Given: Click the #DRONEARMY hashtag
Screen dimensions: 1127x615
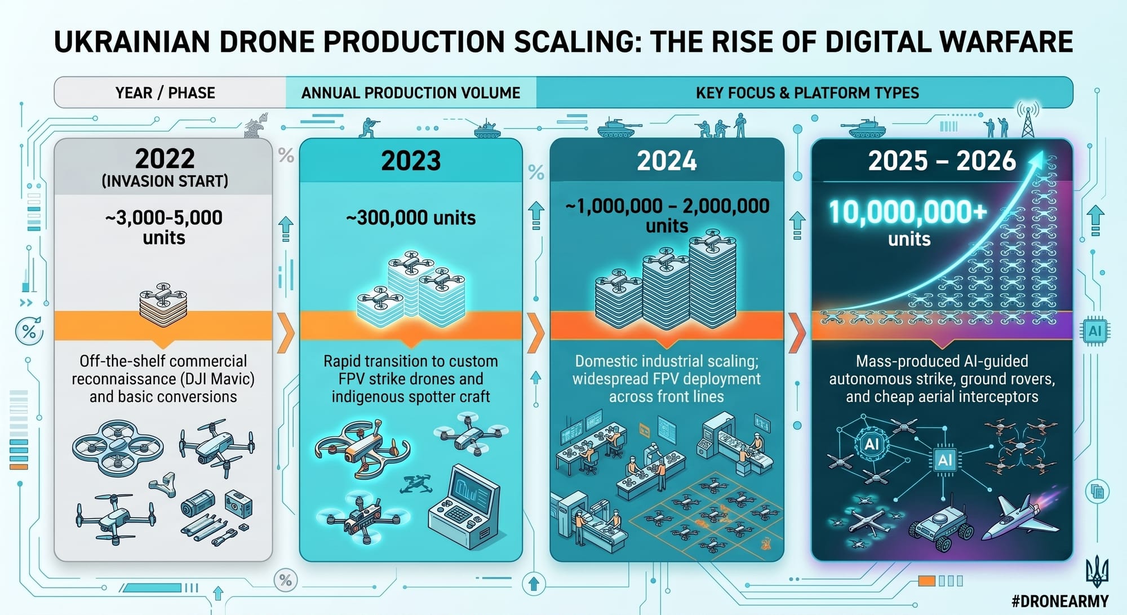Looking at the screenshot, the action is pyautogui.click(x=1060, y=601).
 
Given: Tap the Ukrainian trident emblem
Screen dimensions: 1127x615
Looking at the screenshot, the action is pyautogui.click(x=1097, y=572).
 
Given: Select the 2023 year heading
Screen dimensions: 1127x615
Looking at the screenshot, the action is pyautogui.click(x=411, y=161).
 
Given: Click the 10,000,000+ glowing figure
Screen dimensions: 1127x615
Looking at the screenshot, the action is pyautogui.click(x=908, y=213).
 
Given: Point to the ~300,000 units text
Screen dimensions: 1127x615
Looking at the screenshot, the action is pyautogui.click(x=411, y=218).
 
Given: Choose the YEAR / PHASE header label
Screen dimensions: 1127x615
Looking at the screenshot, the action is pyautogui.click(x=165, y=92).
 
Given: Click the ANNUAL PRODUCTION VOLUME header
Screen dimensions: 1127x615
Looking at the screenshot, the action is pyautogui.click(x=411, y=92).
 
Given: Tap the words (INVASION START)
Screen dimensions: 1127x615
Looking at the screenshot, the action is pyautogui.click(x=165, y=181).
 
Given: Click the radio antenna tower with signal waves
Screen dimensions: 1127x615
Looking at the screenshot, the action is pyautogui.click(x=1028, y=120).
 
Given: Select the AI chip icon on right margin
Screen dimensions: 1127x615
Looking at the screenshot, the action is pyautogui.click(x=1094, y=331).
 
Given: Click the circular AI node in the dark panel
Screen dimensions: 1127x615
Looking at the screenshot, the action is pyautogui.click(x=871, y=444).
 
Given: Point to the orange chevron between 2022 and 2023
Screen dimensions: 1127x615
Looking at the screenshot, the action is pyautogui.click(x=286, y=333).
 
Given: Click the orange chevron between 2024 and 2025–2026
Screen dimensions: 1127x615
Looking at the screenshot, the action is pyautogui.click(x=796, y=333).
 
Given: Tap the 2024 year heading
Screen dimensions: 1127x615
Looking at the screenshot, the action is pyautogui.click(x=667, y=161).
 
